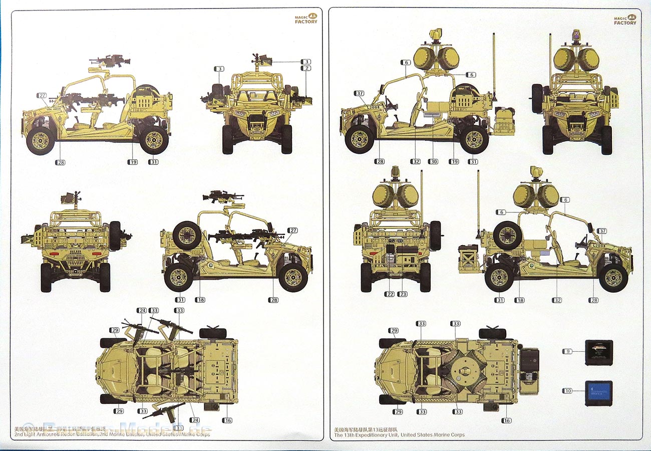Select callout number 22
390,294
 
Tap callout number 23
402,294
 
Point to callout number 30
433,161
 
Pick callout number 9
567,351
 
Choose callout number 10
567,390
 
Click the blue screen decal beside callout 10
598,393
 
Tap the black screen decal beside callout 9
598,352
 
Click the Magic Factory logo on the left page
305,19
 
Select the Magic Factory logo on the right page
625,20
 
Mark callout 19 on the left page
132,162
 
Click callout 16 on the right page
506,420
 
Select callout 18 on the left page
200,300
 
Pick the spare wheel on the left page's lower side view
187,235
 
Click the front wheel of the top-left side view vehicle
40,140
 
